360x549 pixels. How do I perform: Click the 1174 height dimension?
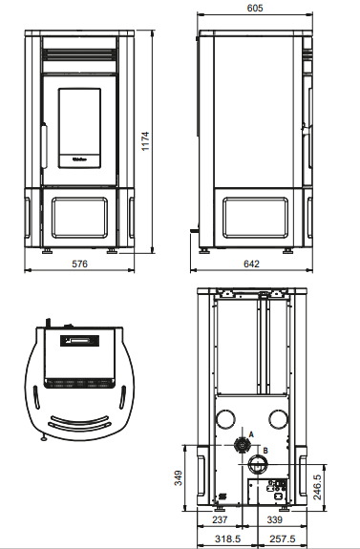coord(145,141)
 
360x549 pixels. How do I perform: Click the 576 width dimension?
coord(80,264)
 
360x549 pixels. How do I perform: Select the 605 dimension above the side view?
coord(255,8)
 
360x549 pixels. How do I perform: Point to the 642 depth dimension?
coord(251,264)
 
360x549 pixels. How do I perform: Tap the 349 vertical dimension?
coord(179,478)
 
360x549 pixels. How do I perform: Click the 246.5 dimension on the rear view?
coord(317,487)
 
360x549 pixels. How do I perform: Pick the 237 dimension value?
coord(220,520)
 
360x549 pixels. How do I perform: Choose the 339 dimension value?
coord(275,520)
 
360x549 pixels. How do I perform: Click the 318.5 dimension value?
coord(227,538)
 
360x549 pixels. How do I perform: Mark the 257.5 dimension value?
coord(283,538)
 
